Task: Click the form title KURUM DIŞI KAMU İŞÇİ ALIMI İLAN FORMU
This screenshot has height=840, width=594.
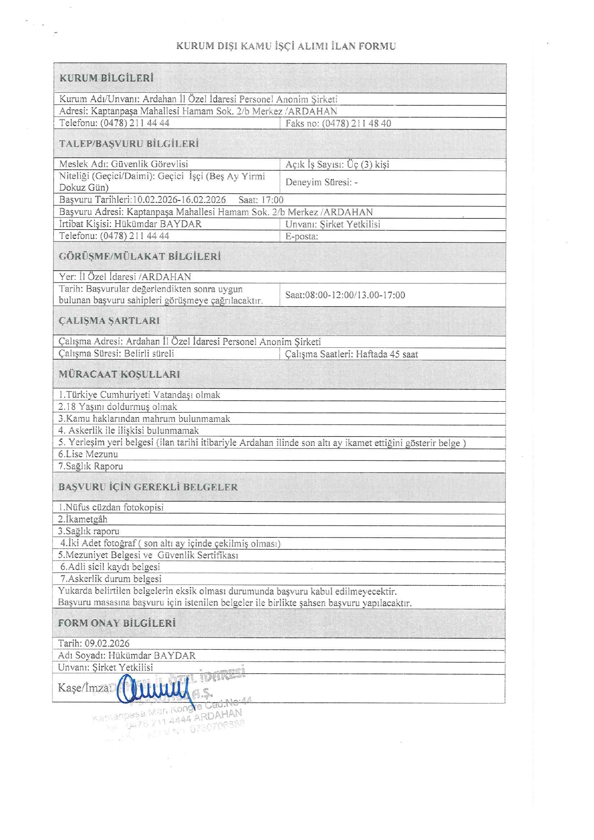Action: (x=286, y=46)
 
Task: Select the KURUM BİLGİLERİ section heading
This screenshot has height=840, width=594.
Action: (x=106, y=78)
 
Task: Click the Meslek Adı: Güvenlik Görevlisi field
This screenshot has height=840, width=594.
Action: (x=124, y=164)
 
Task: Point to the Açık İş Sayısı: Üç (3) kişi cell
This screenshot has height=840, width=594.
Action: (x=337, y=164)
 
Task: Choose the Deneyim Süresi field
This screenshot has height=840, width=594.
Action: (x=321, y=182)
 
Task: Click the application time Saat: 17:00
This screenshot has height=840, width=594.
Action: (x=261, y=200)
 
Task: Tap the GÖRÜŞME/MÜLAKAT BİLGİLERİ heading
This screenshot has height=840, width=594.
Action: (x=140, y=256)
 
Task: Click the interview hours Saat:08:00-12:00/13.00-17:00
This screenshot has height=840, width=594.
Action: (x=345, y=295)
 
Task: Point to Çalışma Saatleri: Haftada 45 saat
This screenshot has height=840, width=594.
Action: (x=351, y=354)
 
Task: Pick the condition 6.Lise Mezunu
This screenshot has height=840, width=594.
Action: (x=88, y=454)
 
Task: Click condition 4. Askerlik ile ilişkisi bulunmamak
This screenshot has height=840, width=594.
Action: (x=129, y=430)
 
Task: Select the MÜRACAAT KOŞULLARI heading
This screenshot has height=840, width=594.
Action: (x=119, y=374)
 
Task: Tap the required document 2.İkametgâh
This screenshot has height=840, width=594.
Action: (x=83, y=519)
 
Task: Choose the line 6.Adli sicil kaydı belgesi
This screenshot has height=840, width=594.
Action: (x=110, y=567)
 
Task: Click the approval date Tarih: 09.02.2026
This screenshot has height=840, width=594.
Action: (x=94, y=643)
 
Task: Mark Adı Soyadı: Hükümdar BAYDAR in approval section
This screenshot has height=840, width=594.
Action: (x=127, y=655)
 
